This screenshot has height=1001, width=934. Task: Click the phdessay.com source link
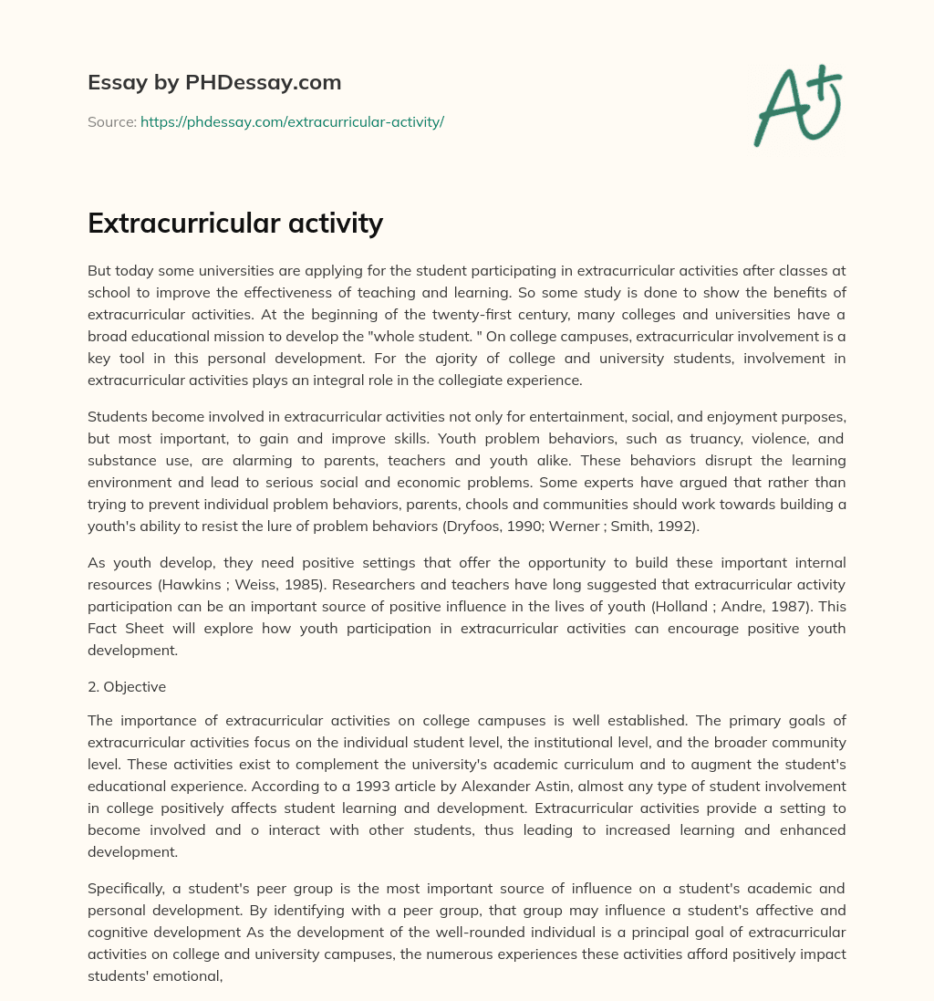point(292,121)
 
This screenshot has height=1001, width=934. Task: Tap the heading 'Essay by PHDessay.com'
point(214,82)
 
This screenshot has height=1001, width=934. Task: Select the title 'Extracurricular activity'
point(235,223)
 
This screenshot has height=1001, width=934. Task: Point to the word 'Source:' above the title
point(112,121)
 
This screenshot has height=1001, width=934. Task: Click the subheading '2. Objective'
point(127,686)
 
